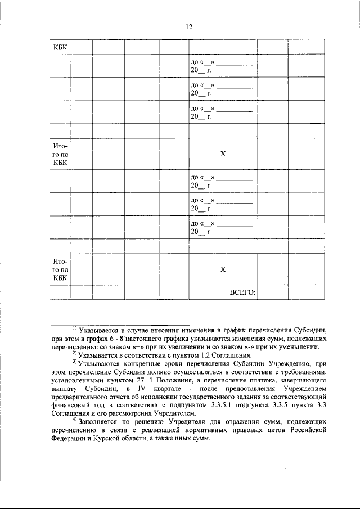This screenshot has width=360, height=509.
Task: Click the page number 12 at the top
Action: click(x=189, y=26)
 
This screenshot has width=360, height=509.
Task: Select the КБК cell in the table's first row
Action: click(x=60, y=47)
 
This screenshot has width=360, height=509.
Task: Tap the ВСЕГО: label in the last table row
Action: click(x=242, y=293)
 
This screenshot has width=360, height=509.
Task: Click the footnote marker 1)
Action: click(x=74, y=328)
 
